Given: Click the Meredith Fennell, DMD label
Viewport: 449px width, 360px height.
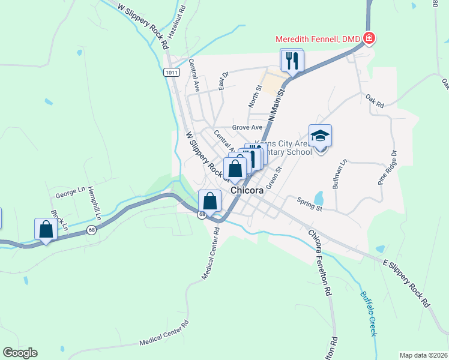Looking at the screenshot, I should [318, 40].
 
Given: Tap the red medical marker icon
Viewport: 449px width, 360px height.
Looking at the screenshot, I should [369, 40].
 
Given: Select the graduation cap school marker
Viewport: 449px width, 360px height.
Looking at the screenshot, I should [320, 136].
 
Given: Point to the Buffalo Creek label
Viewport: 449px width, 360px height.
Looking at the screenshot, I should [367, 313].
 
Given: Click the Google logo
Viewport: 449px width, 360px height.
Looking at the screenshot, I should [20, 353].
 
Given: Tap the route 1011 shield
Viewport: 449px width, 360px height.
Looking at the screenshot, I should [170, 72].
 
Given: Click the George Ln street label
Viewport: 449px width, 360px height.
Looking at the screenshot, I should [70, 193].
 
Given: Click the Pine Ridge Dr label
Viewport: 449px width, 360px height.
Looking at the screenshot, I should [388, 167].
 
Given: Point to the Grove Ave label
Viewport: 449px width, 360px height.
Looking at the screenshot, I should [247, 127].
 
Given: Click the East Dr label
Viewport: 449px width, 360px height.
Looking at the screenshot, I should [224, 81].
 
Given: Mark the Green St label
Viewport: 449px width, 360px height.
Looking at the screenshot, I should [274, 179].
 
